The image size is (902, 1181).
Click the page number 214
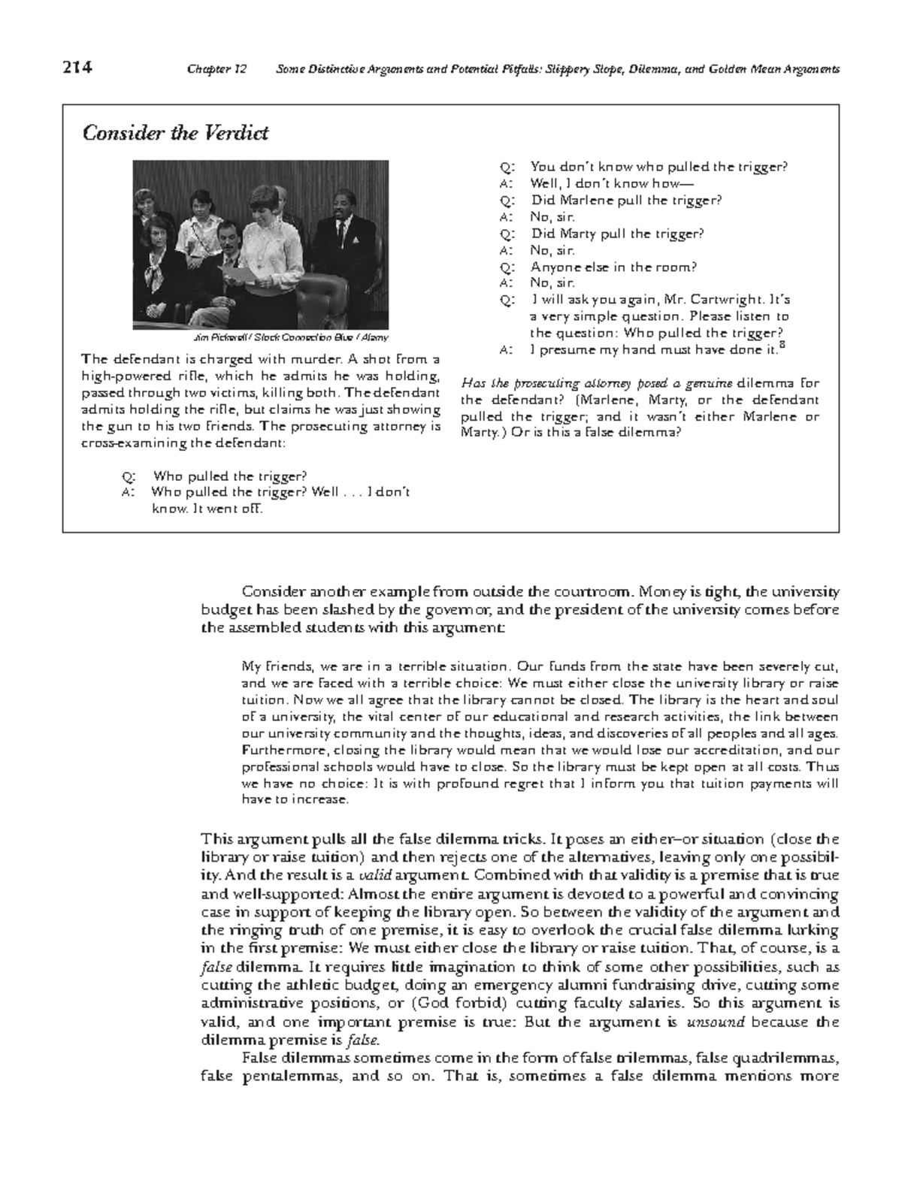click(77, 68)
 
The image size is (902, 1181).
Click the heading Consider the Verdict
click(175, 134)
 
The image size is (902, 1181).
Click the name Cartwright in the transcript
click(740, 300)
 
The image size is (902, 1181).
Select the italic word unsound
click(716, 1022)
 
